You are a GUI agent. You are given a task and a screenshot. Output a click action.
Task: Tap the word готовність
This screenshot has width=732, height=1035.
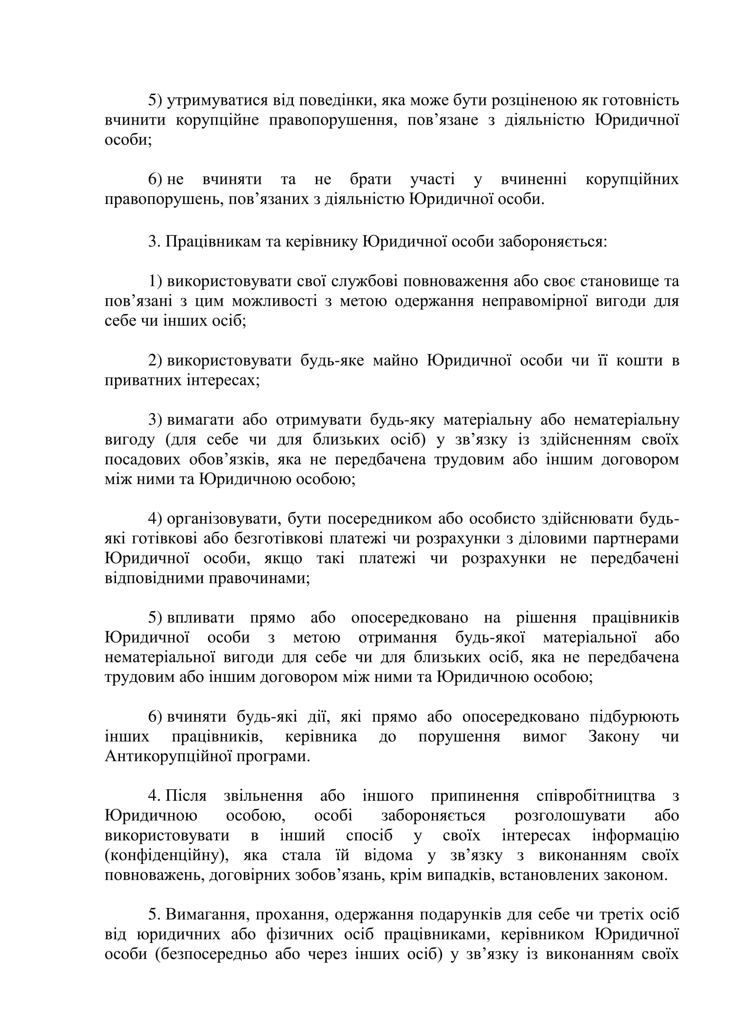pos(640,100)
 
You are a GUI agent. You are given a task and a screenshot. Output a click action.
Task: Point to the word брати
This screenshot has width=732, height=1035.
pos(370,179)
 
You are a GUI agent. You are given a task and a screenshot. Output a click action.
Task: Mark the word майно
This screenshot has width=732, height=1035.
pos(395,361)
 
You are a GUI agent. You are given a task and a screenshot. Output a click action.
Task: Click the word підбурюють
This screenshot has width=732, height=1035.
pos(634,717)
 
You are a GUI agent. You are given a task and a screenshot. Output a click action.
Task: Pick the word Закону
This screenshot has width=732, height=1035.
pos(613,737)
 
